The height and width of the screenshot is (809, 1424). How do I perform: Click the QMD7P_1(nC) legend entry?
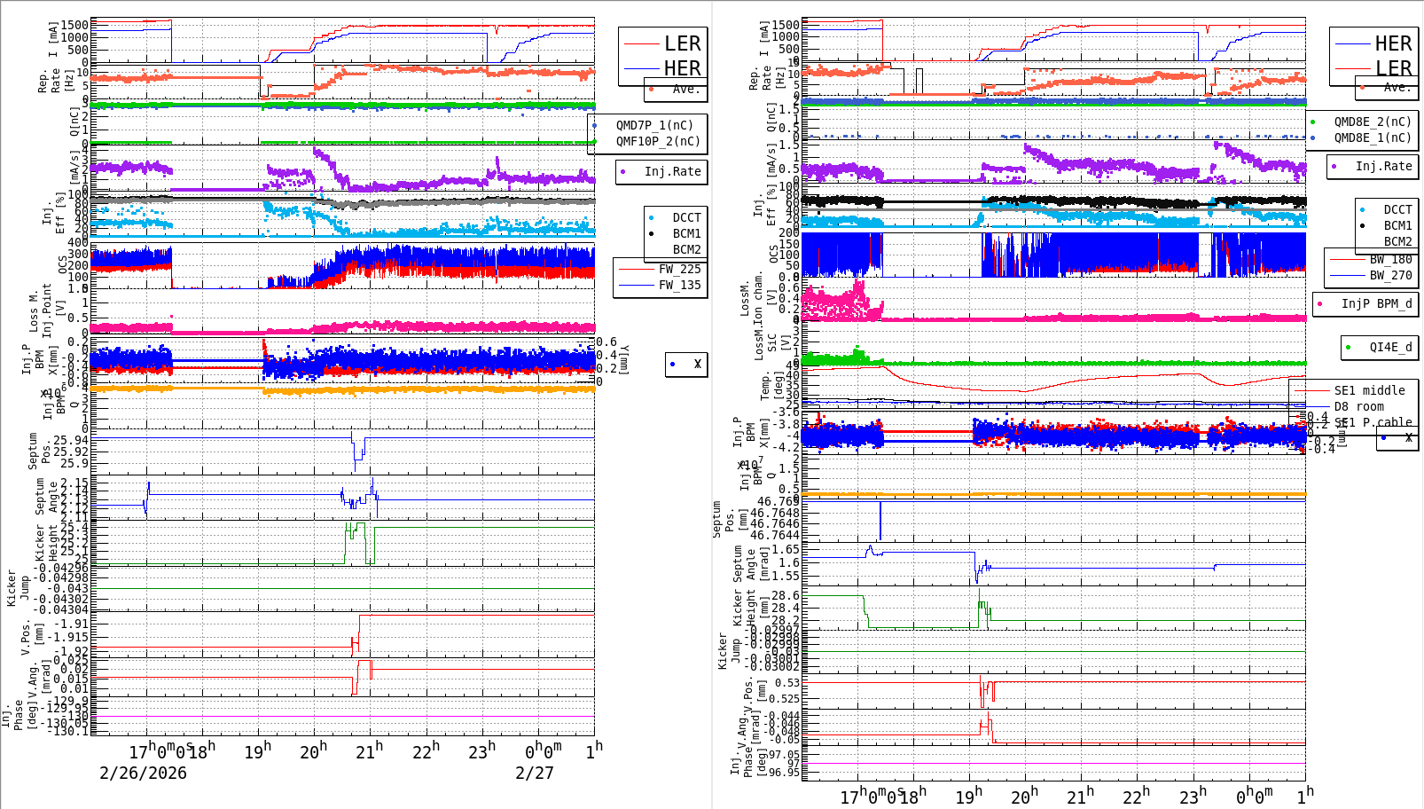click(654, 125)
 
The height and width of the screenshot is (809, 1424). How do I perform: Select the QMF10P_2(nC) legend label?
click(658, 141)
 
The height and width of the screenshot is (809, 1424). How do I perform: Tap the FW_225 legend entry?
click(679, 269)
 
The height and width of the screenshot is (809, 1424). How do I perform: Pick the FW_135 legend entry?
click(679, 285)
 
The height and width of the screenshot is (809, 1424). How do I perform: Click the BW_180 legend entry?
click(1390, 259)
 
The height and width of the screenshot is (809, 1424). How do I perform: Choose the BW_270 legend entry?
click(1390, 275)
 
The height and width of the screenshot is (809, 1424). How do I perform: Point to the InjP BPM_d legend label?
click(1376, 303)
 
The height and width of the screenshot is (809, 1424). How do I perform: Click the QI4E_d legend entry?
click(1390, 347)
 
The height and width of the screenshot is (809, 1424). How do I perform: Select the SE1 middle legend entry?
click(1369, 390)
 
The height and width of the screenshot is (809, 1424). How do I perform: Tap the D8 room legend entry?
click(1358, 406)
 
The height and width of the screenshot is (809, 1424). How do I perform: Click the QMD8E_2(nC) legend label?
click(1373, 122)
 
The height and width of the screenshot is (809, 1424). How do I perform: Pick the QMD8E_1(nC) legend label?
click(1373, 137)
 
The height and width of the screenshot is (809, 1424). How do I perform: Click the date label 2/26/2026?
click(143, 773)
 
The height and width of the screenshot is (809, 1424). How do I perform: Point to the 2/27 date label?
click(535, 773)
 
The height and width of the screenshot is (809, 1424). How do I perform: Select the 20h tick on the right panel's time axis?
click(1024, 796)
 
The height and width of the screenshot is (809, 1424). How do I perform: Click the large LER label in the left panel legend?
click(682, 43)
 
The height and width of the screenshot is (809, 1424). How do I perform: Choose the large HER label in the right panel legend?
click(1393, 43)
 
